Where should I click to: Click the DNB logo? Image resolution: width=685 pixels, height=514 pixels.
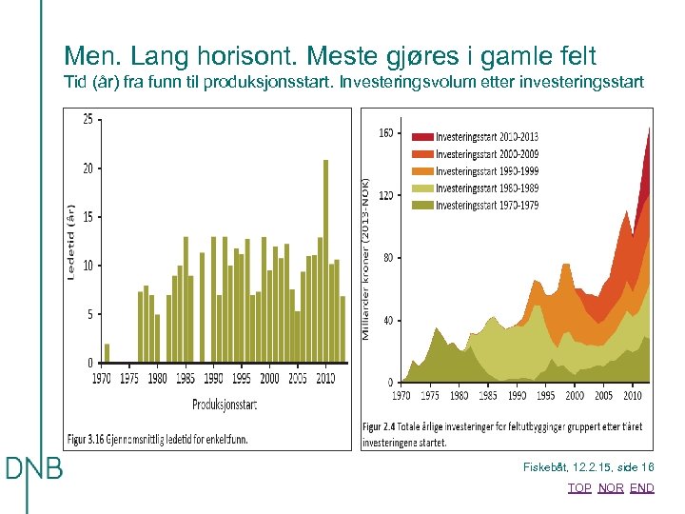pyautogui.click(x=34, y=468)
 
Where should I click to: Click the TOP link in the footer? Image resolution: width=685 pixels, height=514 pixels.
pyautogui.click(x=578, y=488)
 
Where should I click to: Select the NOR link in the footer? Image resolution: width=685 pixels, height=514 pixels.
pyautogui.click(x=611, y=488)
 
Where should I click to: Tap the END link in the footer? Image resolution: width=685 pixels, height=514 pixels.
pyautogui.click(x=642, y=488)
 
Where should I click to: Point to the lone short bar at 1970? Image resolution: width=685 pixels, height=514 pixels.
pyautogui.click(x=107, y=353)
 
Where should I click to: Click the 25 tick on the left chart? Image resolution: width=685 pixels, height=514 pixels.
pyautogui.click(x=88, y=119)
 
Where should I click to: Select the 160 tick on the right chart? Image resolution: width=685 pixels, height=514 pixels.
pyautogui.click(x=386, y=133)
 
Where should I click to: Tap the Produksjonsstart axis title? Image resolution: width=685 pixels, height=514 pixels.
pyautogui.click(x=225, y=405)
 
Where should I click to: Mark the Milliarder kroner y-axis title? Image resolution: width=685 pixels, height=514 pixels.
pyautogui.click(x=367, y=257)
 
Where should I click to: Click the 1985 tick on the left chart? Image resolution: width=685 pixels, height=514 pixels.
pyautogui.click(x=185, y=379)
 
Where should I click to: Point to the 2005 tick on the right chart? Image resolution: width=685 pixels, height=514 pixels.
pyautogui.click(x=603, y=395)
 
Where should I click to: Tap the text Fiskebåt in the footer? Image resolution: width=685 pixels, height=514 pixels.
pyautogui.click(x=545, y=467)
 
